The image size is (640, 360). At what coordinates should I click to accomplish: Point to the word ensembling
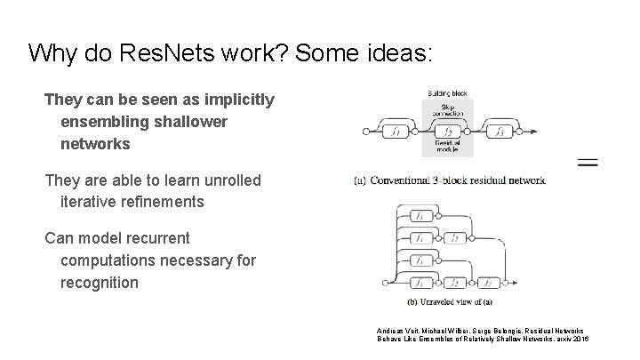click(104, 121)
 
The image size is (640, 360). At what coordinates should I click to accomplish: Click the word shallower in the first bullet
click(191, 121)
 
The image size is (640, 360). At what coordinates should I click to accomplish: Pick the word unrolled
click(228, 180)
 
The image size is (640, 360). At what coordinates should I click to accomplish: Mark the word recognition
click(100, 283)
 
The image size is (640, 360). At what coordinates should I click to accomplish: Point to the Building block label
click(447, 92)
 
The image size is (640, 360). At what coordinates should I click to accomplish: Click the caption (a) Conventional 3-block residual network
click(450, 180)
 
